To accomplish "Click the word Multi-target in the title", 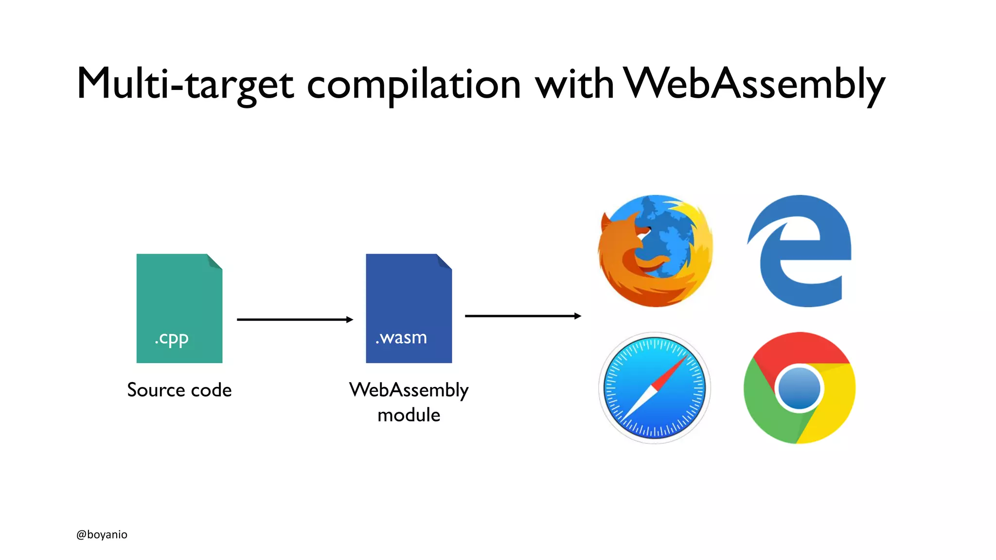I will point(185,84).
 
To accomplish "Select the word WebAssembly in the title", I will point(753,84).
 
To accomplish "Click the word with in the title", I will point(574,84).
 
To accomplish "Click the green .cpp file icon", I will point(179,301).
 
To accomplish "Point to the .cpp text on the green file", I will point(171,338).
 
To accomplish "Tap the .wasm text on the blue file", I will point(401,337).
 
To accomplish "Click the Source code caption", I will point(179,390).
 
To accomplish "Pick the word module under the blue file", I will point(409,415).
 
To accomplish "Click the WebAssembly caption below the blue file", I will point(409,390).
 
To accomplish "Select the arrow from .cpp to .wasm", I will point(294,319).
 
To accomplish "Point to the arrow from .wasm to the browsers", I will point(523,316).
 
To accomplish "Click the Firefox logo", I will point(655,251).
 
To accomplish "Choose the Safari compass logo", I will point(655,388).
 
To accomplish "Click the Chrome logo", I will point(800,388).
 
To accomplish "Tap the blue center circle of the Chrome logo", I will point(799,388).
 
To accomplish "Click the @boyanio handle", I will point(102,534).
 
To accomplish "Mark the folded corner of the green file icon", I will point(215,262).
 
